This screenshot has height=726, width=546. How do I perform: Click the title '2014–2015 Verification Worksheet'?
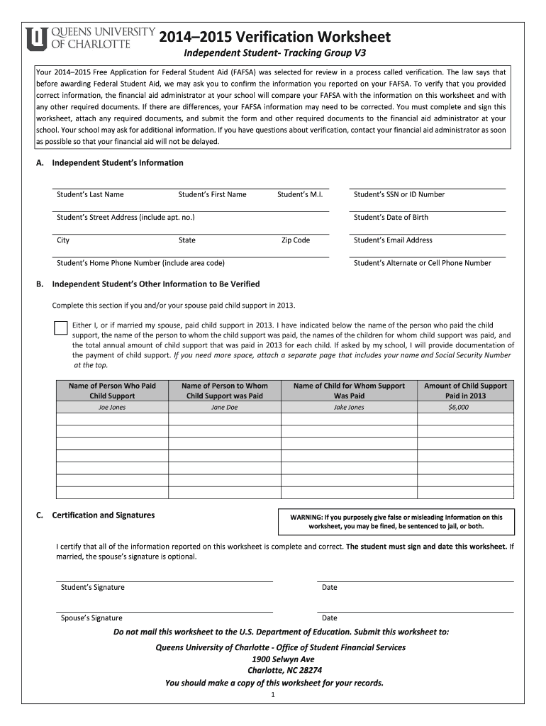[x=274, y=37]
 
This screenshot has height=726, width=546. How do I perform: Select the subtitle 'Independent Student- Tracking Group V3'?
[x=276, y=54]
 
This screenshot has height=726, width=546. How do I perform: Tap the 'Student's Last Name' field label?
[x=90, y=194]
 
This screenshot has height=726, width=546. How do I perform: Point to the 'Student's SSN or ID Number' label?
[x=399, y=194]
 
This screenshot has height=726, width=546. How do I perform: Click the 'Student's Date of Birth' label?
[x=391, y=217]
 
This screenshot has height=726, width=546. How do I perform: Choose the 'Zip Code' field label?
[x=296, y=240]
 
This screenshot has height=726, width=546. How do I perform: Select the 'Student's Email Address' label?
[x=393, y=240]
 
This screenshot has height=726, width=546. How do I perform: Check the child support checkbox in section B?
[x=61, y=328]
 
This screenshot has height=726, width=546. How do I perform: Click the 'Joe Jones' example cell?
[x=112, y=408]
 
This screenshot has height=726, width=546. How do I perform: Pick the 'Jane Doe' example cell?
[x=224, y=408]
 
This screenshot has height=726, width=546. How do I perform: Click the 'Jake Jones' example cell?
[x=349, y=408]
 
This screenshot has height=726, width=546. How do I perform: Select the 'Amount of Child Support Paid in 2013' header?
[x=465, y=391]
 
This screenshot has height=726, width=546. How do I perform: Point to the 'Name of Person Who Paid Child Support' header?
[x=112, y=391]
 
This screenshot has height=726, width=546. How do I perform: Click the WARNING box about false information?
[x=396, y=522]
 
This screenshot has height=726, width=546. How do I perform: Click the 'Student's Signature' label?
[x=93, y=587]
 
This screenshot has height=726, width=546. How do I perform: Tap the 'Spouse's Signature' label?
[x=91, y=618]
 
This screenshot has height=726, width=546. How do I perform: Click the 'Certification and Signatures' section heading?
[x=104, y=515]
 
